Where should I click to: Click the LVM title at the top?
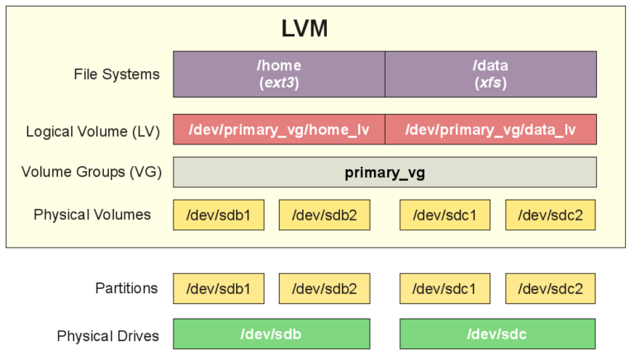(x=305, y=29)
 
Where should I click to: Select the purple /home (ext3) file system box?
(x=279, y=74)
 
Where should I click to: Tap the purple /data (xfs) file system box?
(x=490, y=74)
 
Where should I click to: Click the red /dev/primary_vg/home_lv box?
(x=279, y=130)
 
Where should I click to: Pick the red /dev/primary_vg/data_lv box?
(x=490, y=130)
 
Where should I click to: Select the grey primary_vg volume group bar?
(x=385, y=173)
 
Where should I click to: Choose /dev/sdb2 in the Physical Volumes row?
(x=324, y=215)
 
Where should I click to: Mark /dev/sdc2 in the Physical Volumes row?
(x=550, y=215)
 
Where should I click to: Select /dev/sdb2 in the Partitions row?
(x=324, y=289)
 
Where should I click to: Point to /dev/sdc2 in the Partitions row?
(x=550, y=289)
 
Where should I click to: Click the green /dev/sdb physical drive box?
(x=271, y=334)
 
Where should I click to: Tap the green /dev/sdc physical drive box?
(x=497, y=334)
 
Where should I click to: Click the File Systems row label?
(x=116, y=74)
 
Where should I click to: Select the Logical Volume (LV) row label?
(x=93, y=131)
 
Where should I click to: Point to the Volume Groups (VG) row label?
(x=92, y=173)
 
